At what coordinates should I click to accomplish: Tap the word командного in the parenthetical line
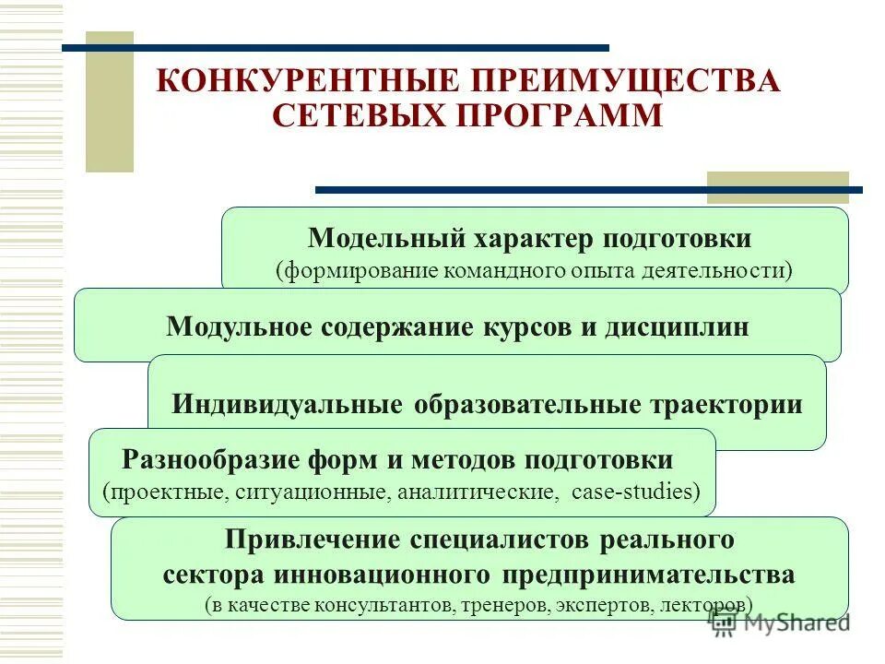pos(505,271)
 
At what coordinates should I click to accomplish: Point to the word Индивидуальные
pos(288,405)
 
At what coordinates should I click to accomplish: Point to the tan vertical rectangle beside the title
pos(109,102)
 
